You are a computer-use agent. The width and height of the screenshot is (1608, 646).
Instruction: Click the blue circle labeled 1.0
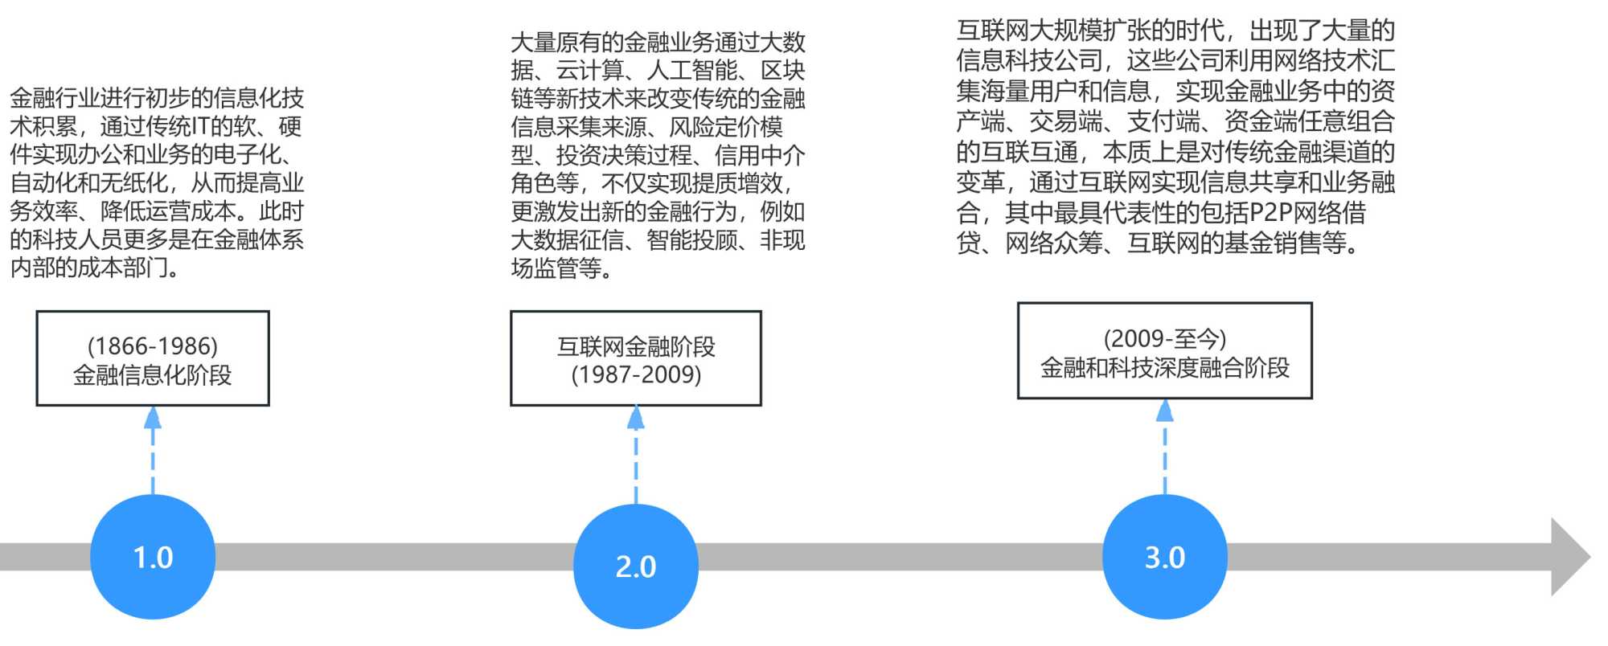[153, 557]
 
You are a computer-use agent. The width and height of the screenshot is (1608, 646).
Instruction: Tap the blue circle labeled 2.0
[635, 566]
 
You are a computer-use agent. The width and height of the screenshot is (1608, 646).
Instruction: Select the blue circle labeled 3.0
[1164, 557]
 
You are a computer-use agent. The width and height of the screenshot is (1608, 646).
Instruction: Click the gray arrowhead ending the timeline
[1569, 557]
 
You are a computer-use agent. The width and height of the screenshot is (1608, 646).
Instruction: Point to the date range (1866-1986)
[153, 346]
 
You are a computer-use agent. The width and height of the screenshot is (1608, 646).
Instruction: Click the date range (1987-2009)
[636, 375]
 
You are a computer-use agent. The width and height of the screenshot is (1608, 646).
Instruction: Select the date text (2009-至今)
[1164, 338]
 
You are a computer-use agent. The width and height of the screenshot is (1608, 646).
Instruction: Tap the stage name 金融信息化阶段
[153, 375]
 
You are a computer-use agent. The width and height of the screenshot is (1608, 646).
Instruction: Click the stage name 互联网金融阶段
[636, 346]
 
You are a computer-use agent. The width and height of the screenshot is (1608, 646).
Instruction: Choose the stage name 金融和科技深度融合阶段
[1164, 368]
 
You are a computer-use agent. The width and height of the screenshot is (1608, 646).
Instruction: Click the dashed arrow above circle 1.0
[153, 450]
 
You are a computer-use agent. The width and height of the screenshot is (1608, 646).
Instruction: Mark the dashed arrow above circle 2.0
[636, 454]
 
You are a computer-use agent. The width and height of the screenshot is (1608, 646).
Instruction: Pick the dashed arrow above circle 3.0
[1164, 446]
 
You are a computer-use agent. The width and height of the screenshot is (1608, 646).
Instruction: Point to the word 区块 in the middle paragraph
[783, 71]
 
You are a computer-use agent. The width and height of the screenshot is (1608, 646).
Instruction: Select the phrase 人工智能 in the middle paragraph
[692, 71]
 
